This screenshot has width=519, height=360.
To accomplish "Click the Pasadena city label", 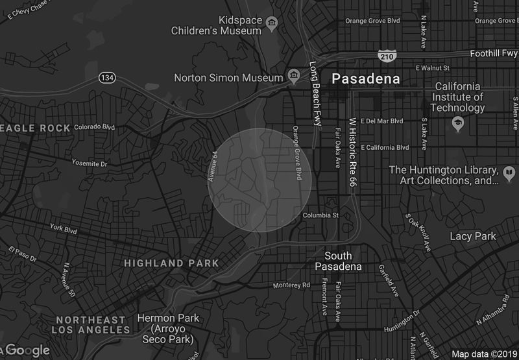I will [365, 79].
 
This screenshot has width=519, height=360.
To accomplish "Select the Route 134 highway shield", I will [108, 77].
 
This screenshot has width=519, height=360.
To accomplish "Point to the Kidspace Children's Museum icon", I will [271, 24].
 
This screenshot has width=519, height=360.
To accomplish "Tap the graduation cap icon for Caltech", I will [459, 123].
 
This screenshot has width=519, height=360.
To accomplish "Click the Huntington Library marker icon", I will [509, 173].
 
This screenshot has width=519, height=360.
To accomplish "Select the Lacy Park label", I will [472, 236].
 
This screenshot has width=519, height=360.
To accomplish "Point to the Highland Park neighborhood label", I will [171, 263].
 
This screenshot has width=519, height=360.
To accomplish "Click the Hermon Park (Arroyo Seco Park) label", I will [165, 329].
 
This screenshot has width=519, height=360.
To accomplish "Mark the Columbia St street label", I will [320, 215].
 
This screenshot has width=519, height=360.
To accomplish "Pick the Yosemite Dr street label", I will [90, 163].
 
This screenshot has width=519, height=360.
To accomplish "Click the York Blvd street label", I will [64, 229].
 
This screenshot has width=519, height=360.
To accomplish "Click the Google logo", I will [26, 350].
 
